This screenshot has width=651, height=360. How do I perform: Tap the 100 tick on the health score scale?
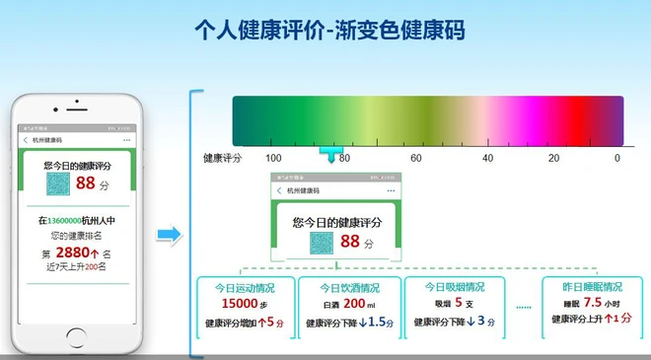tap(274, 158)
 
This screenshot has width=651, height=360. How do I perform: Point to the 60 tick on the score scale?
tap(416, 158)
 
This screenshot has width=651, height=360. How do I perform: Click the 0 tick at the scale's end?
tap(617, 158)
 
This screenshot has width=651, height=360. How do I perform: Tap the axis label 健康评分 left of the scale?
tap(222, 158)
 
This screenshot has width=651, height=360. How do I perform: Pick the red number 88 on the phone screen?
tap(85, 183)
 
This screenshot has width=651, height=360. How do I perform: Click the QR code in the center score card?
tap(323, 243)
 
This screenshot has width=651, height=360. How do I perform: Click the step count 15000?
tap(239, 305)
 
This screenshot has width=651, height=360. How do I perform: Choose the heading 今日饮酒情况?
tap(349, 288)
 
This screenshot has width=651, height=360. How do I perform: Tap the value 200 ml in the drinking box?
tap(351, 305)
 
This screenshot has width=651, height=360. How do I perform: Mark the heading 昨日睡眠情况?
tap(592, 287)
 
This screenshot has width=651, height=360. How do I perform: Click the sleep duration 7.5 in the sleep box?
tap(593, 303)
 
